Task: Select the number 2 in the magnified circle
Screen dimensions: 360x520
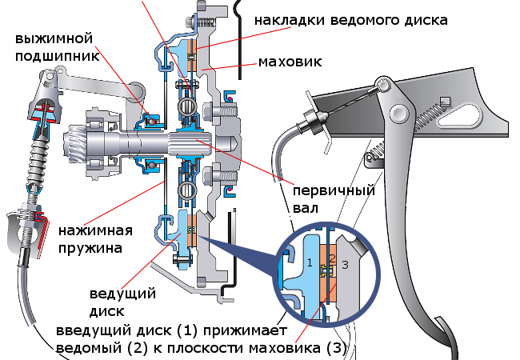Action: coord(331,258)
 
